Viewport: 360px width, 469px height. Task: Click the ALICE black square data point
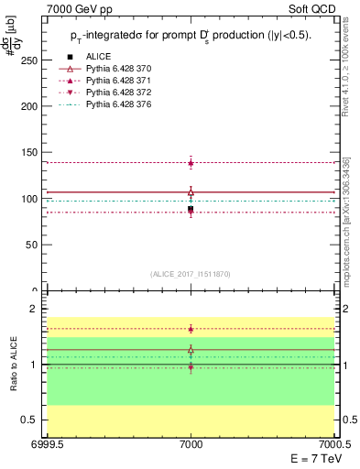click(191, 210)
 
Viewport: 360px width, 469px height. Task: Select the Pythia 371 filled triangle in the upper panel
click(191, 163)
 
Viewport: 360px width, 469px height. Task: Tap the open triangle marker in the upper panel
click(191, 192)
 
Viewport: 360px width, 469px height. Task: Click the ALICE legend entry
click(98, 57)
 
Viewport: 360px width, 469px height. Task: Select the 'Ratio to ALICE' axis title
click(14, 365)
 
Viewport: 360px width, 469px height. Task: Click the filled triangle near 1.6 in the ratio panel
click(191, 328)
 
